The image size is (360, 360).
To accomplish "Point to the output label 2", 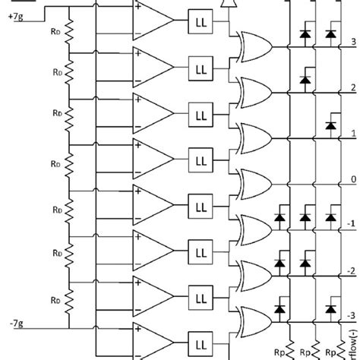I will (x=352, y=87).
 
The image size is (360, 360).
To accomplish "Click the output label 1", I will (x=352, y=133).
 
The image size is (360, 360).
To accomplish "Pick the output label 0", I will (x=352, y=179).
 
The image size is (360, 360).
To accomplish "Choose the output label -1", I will (x=350, y=226).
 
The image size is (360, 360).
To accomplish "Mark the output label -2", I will (x=350, y=270).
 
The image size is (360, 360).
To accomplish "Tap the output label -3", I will (x=350, y=316).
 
